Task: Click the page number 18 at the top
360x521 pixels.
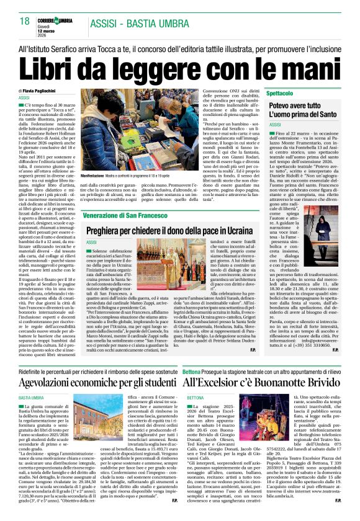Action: click(x=24, y=21)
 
